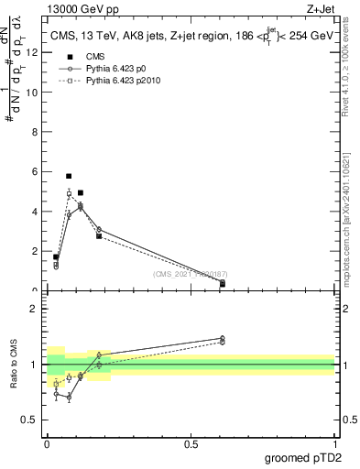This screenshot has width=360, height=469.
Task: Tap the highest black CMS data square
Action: [69, 176]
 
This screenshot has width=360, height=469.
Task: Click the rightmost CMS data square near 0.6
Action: [223, 284]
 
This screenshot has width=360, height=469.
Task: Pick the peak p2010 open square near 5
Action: [69, 193]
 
